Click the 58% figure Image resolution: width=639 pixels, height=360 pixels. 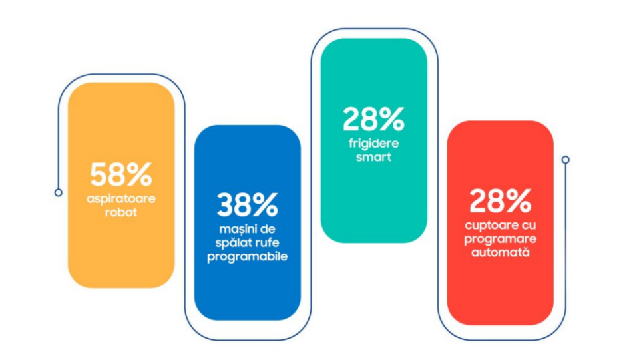(x=121, y=175)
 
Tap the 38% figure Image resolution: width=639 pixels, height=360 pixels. (x=248, y=205)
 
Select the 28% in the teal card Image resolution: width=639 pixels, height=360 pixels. (x=373, y=119)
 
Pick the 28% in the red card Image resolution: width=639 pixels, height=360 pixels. (x=501, y=200)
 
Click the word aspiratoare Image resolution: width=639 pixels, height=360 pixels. (x=121, y=199)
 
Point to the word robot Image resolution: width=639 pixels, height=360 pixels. (x=121, y=212)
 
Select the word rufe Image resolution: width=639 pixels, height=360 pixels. (x=266, y=242)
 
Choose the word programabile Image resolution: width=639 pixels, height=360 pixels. (x=248, y=257)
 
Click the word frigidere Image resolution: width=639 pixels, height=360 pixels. (x=373, y=144)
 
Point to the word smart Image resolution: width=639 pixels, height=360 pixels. (x=373, y=157)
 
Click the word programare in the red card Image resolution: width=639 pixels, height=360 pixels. (x=501, y=239)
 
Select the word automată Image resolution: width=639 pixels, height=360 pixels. (x=501, y=252)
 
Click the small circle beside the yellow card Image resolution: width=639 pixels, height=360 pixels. (x=59, y=192)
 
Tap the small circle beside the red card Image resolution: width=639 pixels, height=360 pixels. (x=565, y=160)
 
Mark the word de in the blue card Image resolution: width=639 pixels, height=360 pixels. (x=268, y=228)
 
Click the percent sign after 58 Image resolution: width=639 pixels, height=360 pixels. (x=139, y=175)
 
